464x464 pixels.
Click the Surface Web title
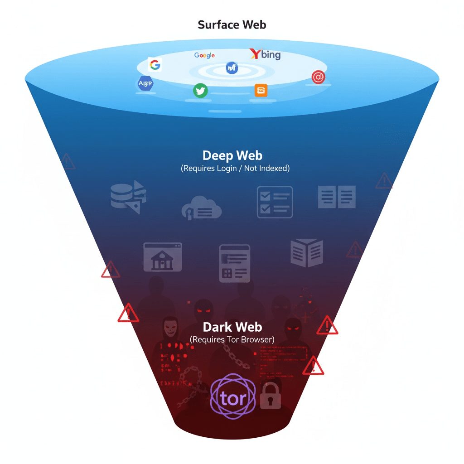[x=232, y=24]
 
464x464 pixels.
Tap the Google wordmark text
[x=204, y=55]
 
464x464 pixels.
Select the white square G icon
[x=155, y=65]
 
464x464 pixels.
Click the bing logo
[x=266, y=55]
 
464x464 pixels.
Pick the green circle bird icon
[x=200, y=91]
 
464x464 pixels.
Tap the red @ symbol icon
[x=319, y=77]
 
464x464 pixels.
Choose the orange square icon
[x=261, y=90]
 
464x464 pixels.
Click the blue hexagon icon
[x=145, y=83]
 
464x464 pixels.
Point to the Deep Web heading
[x=232, y=156]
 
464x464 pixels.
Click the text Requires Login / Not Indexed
[x=235, y=169]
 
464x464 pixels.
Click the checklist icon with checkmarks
[x=275, y=202]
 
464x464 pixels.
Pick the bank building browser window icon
[x=163, y=257]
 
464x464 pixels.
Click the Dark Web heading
[x=232, y=327]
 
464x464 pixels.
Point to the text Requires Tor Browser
[x=232, y=339]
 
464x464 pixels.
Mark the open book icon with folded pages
[x=307, y=253]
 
